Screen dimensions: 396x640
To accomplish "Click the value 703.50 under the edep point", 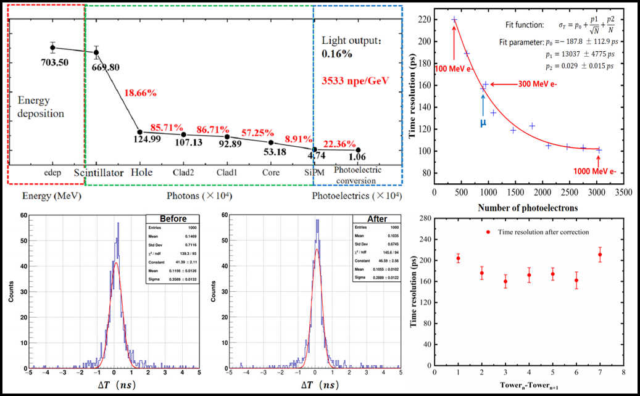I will tap(54, 62).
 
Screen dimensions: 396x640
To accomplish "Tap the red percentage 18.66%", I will tap(141, 93).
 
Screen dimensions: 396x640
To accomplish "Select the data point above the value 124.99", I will tap(140, 132).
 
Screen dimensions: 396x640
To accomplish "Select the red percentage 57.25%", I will tap(271, 131).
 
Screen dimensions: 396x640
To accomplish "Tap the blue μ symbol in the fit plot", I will tap(483, 122).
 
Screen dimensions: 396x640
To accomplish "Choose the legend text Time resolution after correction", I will tap(539, 232).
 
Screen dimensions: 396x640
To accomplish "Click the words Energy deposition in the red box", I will tap(41, 107).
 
